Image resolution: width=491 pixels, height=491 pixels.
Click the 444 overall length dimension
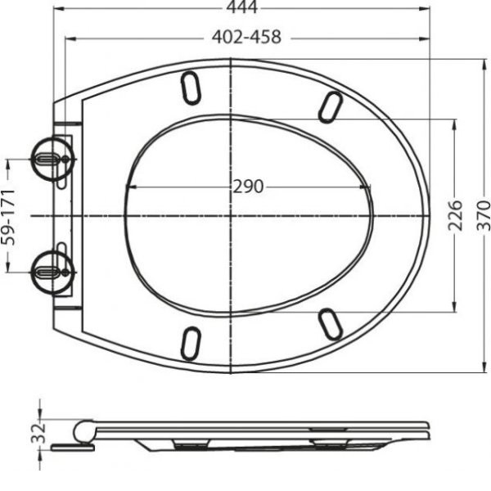point(242,8)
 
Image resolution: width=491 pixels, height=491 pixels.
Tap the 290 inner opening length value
point(247,187)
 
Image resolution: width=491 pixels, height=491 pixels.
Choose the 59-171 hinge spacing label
point(9,216)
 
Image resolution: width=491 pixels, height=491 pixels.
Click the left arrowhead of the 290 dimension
point(128,187)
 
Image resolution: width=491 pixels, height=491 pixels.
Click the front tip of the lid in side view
point(426,426)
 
